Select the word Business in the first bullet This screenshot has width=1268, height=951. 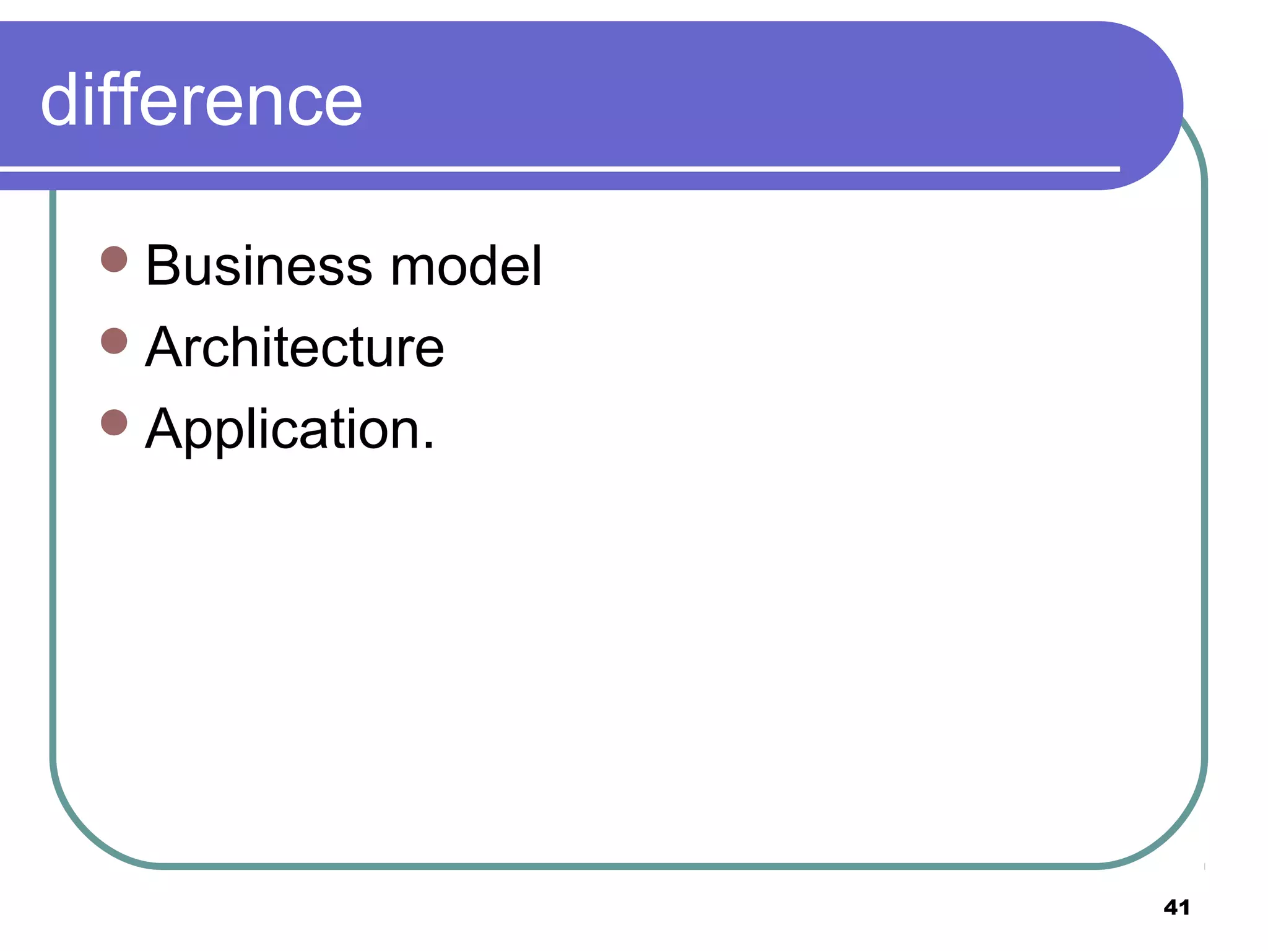[259, 266]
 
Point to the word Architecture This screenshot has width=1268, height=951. [294, 347]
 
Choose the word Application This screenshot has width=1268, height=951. [282, 429]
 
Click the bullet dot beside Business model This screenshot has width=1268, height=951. [114, 259]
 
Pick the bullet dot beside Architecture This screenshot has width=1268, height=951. [114, 341]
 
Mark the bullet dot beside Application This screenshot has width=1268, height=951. [114, 423]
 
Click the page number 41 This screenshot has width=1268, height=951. [1176, 908]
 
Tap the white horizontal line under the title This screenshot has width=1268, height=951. [557, 168]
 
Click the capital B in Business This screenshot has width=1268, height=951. [162, 266]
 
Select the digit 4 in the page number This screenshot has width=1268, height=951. [1171, 908]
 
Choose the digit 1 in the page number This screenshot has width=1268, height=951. [1184, 908]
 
